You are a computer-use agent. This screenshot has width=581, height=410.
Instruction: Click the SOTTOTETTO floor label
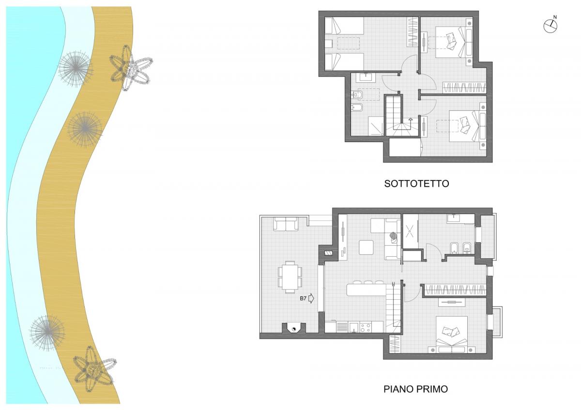416,183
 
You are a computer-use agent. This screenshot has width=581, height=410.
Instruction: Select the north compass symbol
550,25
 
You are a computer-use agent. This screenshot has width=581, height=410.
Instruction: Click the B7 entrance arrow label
307,298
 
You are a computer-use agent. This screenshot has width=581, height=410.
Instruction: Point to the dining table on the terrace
290,277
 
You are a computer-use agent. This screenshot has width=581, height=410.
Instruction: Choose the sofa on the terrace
286,224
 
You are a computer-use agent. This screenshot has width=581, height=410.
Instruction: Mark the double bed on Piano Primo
452,335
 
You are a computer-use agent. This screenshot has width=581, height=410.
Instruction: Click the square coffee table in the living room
366,248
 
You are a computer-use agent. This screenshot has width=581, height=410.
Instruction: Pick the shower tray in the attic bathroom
376,126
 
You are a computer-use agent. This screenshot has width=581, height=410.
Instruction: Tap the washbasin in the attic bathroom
365,78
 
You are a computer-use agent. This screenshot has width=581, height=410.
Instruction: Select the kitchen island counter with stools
366,289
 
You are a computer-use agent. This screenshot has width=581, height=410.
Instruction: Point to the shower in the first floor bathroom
410,231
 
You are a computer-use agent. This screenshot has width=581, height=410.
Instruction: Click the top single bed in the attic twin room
344,26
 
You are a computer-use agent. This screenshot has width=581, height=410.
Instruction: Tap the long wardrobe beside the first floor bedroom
455,290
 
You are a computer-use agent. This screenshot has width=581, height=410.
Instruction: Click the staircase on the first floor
393,307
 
